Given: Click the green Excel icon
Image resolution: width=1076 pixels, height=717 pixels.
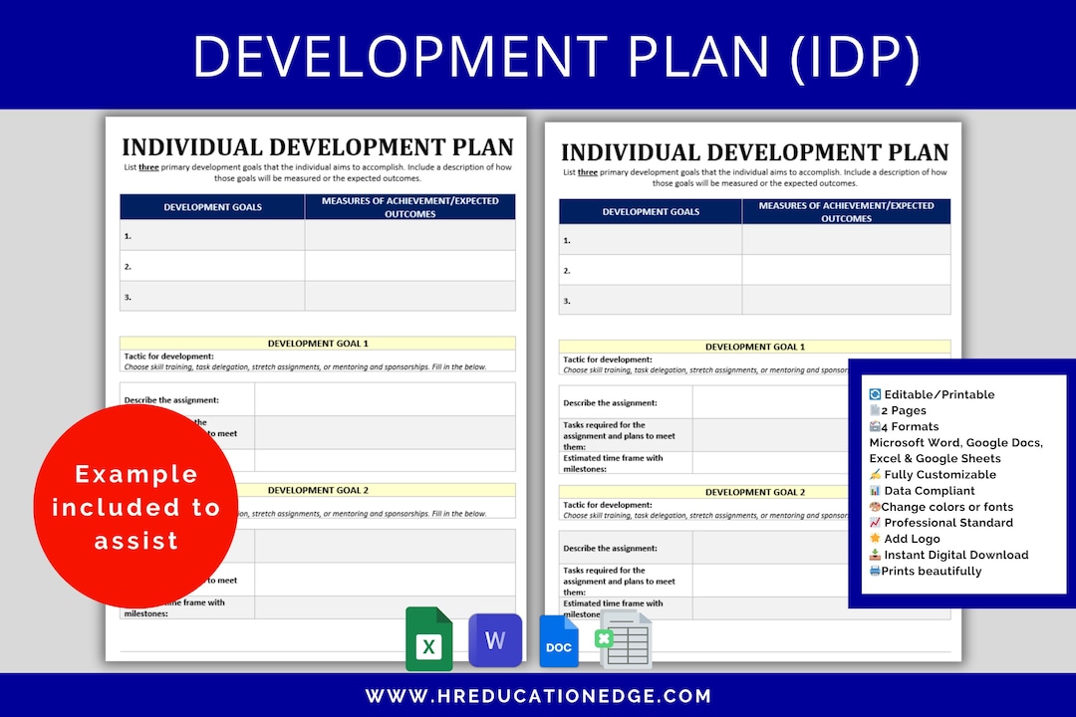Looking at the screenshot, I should [429, 640].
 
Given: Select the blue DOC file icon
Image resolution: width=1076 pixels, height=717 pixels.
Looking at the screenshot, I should [559, 642].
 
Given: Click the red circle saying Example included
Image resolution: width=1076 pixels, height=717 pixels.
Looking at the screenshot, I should [136, 507].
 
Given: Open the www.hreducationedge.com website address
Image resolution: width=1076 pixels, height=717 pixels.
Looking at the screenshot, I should [538, 696].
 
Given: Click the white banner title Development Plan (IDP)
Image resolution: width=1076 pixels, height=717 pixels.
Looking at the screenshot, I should [556, 56].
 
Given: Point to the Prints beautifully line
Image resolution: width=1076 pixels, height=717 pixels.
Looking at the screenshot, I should [931, 571].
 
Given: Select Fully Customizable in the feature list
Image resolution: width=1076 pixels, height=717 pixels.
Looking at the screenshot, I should [940, 475].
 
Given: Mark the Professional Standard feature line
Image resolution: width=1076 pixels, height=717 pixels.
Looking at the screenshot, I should [947, 523].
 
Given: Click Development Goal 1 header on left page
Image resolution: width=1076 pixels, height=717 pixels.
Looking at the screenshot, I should [318, 344].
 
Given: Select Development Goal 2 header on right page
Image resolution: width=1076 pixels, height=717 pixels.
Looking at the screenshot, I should [754, 492].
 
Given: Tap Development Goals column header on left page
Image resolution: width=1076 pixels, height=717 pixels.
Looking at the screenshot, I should [212, 207].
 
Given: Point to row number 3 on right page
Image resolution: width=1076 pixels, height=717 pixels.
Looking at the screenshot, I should [567, 301].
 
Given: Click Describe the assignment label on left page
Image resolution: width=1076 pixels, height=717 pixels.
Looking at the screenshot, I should [171, 400].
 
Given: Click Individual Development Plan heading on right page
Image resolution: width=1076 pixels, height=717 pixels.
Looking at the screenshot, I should [754, 152].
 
